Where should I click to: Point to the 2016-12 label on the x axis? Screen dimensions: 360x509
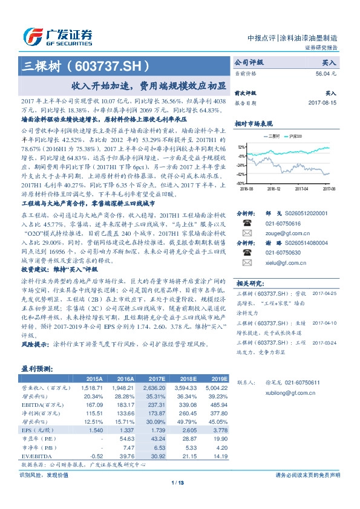click(x=273, y=189)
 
